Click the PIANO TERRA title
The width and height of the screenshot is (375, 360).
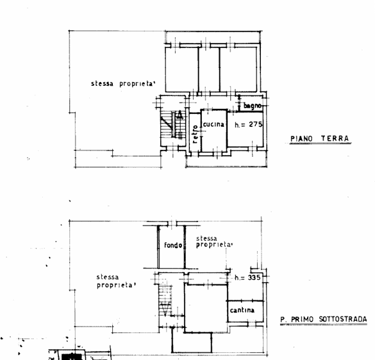319,138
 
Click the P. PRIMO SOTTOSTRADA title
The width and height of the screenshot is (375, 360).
324,319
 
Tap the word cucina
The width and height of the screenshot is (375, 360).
213,124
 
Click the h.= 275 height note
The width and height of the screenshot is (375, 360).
248,125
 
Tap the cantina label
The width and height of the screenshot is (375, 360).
242,311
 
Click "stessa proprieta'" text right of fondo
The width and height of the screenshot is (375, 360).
214,242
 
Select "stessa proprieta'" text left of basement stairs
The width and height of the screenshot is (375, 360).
116,281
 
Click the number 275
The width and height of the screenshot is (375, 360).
254,125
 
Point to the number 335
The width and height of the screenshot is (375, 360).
255,277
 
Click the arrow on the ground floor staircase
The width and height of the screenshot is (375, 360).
178,117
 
